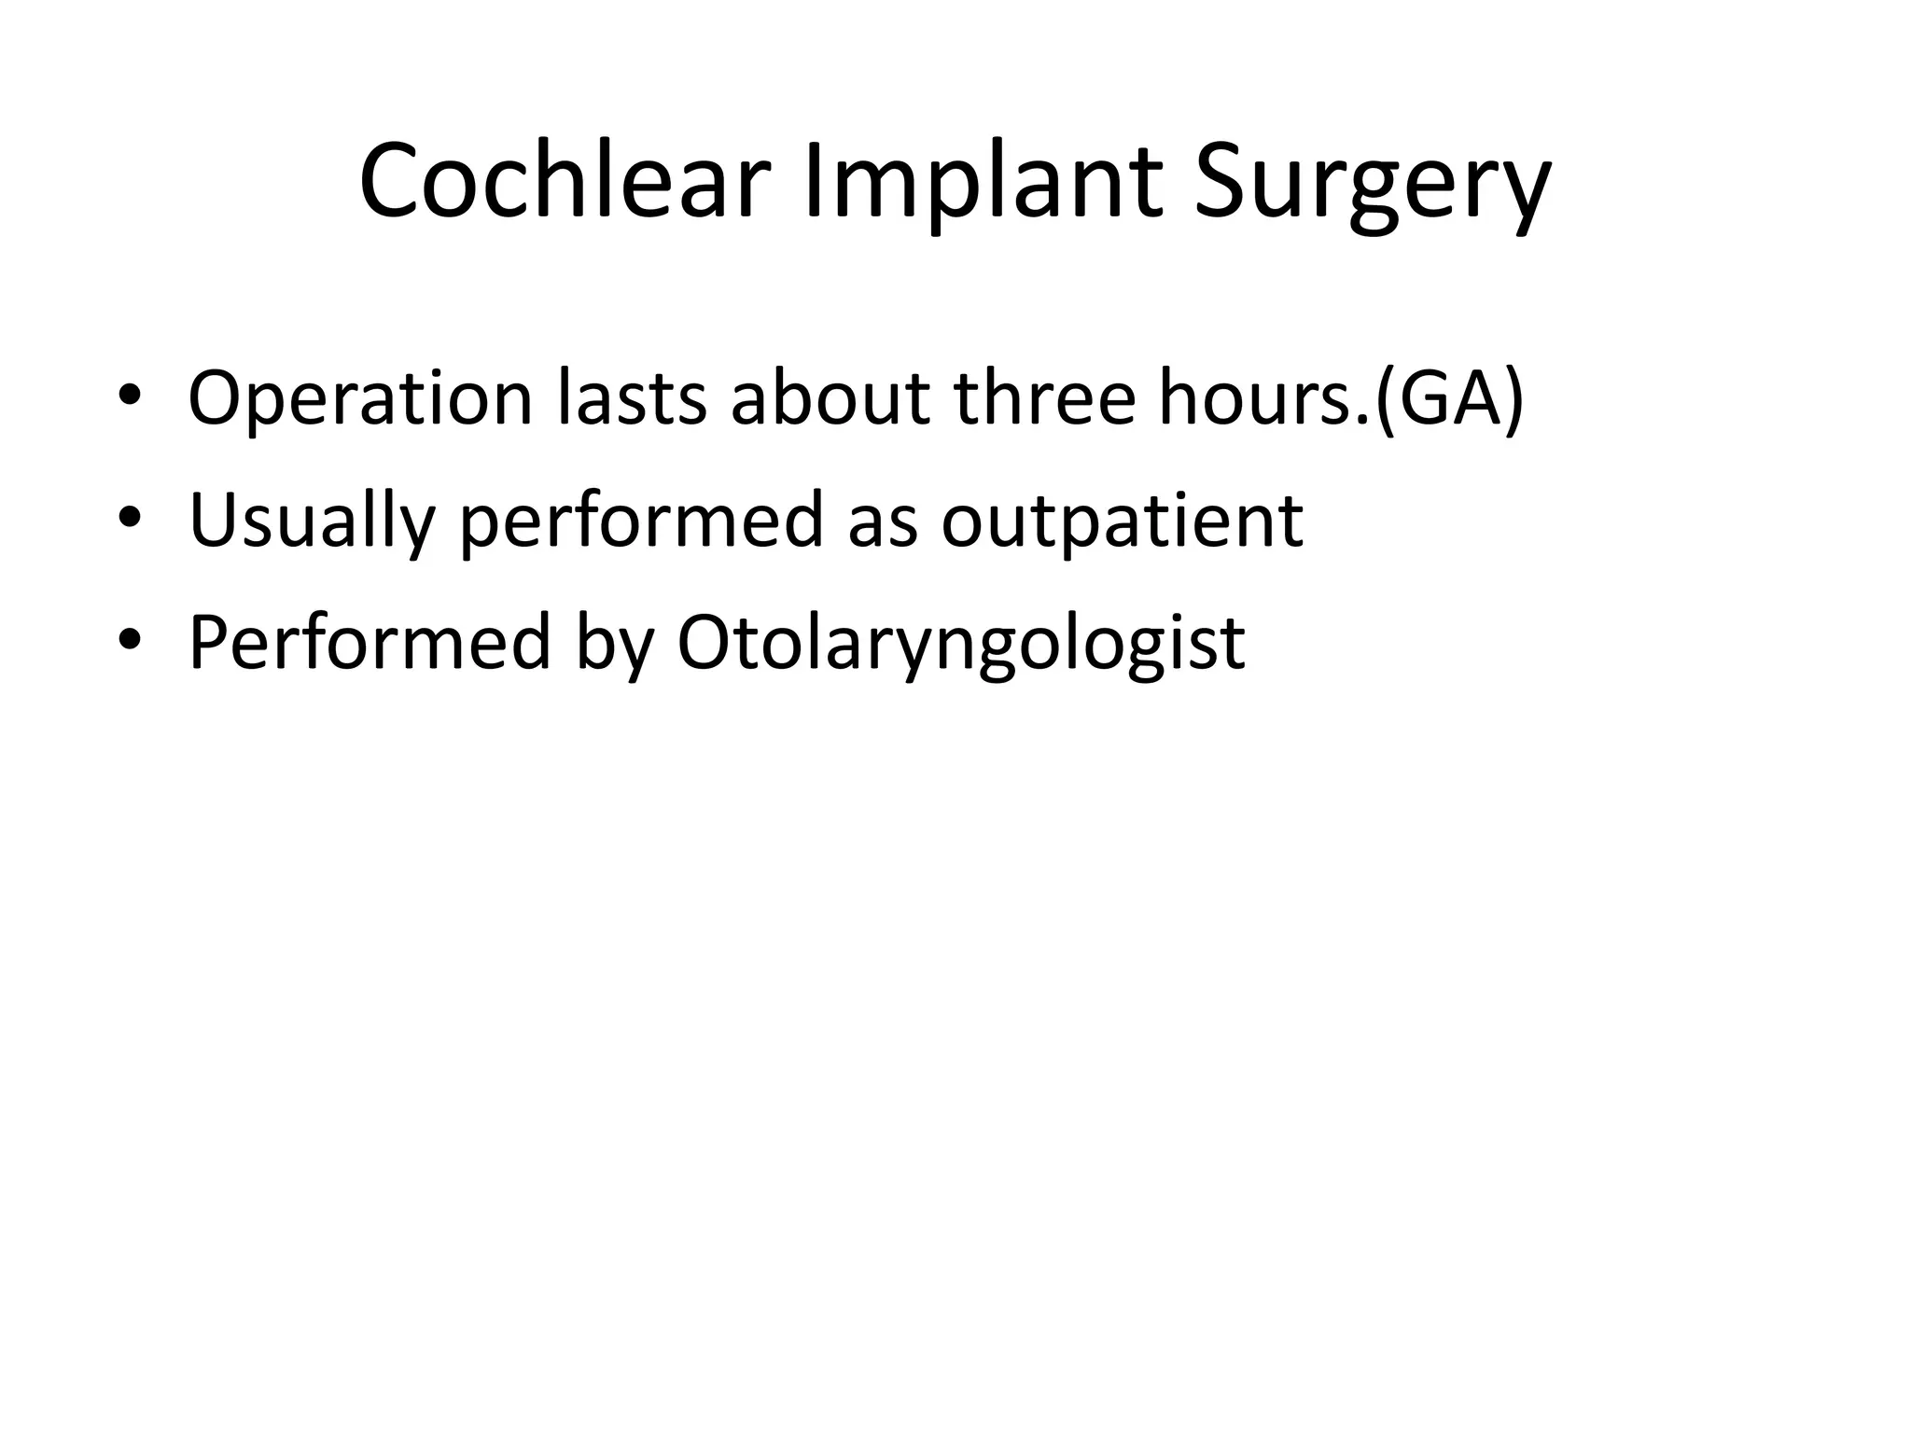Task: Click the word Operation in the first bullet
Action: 360,399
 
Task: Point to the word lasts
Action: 632,399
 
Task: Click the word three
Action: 1045,399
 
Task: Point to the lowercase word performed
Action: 642,522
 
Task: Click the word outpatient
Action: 1122,522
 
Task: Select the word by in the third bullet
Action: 614,643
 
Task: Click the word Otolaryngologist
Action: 961,643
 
